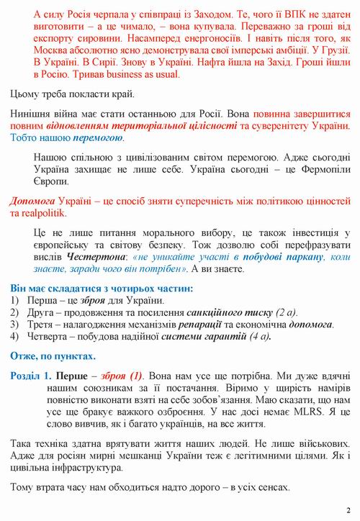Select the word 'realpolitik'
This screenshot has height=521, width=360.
point(44,214)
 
